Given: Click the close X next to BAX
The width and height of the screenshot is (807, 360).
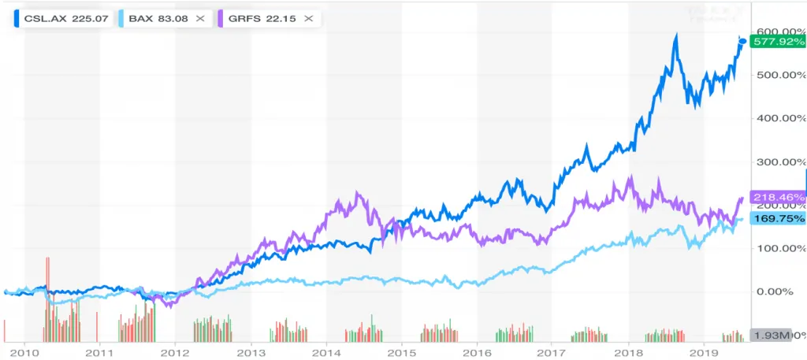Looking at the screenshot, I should [x=200, y=17].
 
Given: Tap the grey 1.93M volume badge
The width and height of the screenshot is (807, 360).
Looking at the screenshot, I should [x=772, y=336].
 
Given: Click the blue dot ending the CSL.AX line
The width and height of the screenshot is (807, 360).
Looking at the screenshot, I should [x=742, y=42].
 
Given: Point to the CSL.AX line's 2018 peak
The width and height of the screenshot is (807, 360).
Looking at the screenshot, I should [x=675, y=35].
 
